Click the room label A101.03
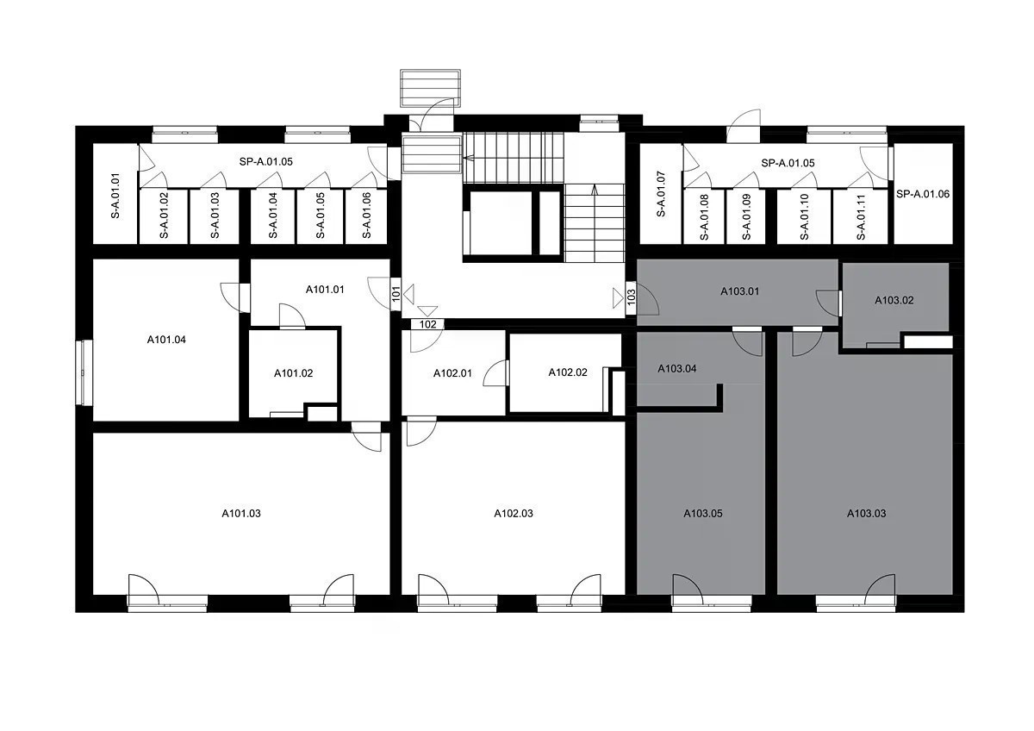(241, 514)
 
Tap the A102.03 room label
(514, 514)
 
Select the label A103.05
(703, 514)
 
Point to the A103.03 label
(867, 514)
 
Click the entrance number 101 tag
(396, 294)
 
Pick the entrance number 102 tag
(428, 324)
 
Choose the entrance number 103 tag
(632, 296)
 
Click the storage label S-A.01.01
(115, 196)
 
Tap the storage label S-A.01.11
(861, 217)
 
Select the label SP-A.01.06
(923, 194)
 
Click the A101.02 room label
(294, 373)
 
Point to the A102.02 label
(568, 372)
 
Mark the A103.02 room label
(894, 300)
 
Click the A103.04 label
(677, 368)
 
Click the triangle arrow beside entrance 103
(618, 298)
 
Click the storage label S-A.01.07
(661, 194)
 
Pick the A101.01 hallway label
(325, 290)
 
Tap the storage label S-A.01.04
(273, 216)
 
